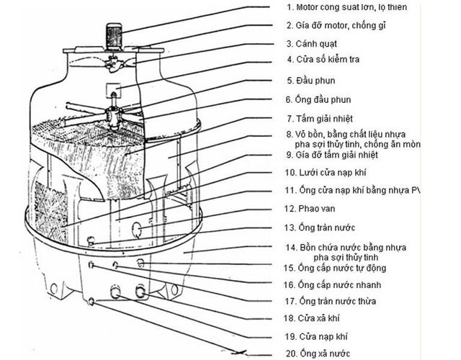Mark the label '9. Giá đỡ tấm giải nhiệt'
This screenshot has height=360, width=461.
pos(346,155)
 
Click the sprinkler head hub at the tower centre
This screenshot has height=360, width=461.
pos(112,114)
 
